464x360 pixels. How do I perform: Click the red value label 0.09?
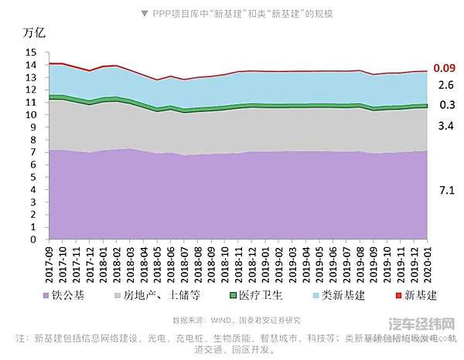443,68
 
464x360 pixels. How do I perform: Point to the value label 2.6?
446,85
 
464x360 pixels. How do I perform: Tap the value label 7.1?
446,189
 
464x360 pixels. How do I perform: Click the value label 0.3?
446,105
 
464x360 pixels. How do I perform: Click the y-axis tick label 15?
31,53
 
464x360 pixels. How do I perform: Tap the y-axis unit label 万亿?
36,34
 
